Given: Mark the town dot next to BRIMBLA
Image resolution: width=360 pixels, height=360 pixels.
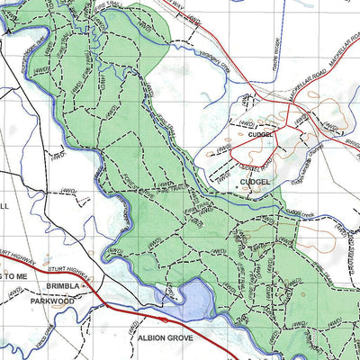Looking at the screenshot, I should pos(84,285).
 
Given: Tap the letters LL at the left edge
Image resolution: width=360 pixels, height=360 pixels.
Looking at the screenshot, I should pos(4,206).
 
